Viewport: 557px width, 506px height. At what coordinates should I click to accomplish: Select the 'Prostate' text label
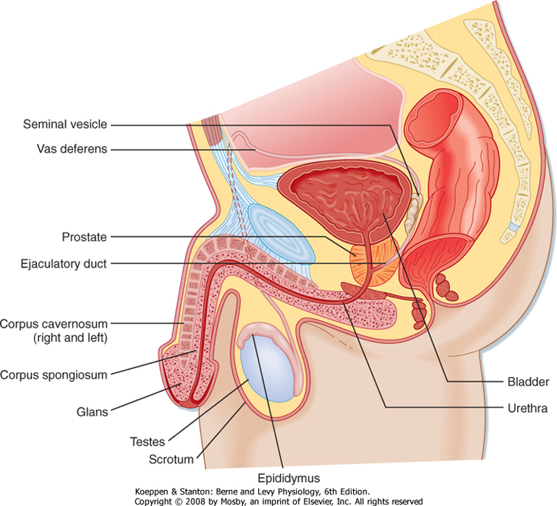pos(84,237)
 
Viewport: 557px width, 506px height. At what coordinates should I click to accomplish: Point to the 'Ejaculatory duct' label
pos(64,265)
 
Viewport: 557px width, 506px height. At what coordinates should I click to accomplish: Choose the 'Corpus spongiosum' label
pos(54,374)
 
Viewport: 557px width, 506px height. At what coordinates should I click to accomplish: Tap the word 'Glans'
pos(93,412)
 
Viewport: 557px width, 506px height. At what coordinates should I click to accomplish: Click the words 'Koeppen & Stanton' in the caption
pos(177,492)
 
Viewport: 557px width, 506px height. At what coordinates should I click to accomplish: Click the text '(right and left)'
pos(59,338)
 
